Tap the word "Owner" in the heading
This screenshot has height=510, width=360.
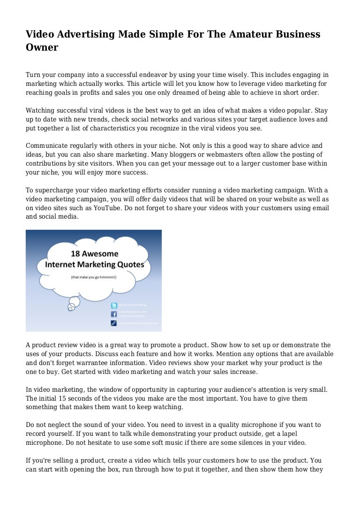click(42, 47)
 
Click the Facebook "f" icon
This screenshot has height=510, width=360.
click(113, 314)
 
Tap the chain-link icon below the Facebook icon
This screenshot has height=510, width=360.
click(113, 323)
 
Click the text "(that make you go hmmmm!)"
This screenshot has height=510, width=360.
click(93, 277)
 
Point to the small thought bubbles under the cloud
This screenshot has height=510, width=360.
click(71, 306)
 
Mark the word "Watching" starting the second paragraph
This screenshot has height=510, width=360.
click(41, 110)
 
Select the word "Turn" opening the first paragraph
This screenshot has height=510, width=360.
click(33, 75)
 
